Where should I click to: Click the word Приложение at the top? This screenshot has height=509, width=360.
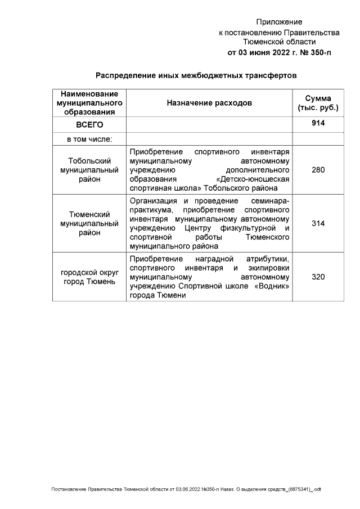[x=279, y=22]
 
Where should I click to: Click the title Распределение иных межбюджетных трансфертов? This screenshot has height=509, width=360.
[x=195, y=75]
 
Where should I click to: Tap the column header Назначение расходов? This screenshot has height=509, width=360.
[x=209, y=103]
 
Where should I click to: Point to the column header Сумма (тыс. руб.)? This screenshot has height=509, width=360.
[x=318, y=103]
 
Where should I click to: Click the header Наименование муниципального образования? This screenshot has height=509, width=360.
[x=89, y=103]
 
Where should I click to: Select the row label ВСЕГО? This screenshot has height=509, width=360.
[x=89, y=124]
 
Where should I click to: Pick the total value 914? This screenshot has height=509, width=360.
[x=318, y=124]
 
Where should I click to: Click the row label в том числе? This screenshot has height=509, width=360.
[x=89, y=139]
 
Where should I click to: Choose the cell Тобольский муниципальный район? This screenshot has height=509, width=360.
[x=89, y=170]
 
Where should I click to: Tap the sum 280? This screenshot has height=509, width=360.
[x=318, y=170]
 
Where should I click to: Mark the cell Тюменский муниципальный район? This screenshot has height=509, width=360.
[x=89, y=223]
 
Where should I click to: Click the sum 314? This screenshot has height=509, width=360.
[x=318, y=223]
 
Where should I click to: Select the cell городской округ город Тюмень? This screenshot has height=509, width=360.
[x=89, y=277]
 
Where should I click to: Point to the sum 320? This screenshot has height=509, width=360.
[x=318, y=277]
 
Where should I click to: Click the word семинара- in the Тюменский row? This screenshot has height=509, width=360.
[x=271, y=201]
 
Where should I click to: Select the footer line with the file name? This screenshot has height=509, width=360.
[x=186, y=489]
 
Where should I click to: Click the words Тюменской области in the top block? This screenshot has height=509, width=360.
[x=279, y=42]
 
